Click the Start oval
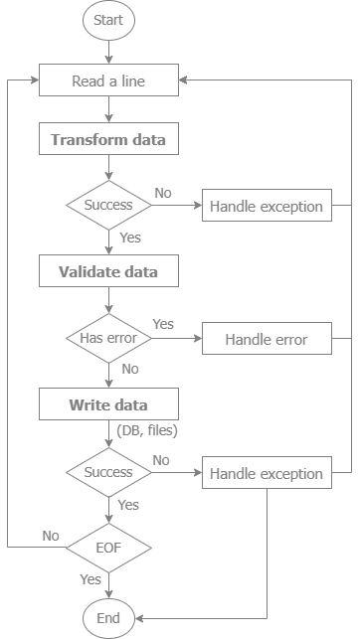pyautogui.click(x=108, y=21)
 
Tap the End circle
pyautogui.click(x=108, y=617)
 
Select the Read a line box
pyautogui.click(x=108, y=80)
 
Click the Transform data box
pyautogui.click(x=108, y=140)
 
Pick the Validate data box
pyautogui.click(x=108, y=271)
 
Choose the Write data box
pyautogui.click(x=108, y=404)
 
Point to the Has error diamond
pyautogui.click(x=108, y=339)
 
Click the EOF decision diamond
pyautogui.click(x=108, y=547)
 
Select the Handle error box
pyautogui.click(x=266, y=339)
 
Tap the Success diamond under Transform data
pyautogui.click(x=108, y=207)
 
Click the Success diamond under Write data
pyautogui.click(x=108, y=472)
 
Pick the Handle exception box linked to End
pyautogui.click(x=266, y=474)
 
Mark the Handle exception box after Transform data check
pyautogui.click(x=266, y=207)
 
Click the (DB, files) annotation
pyautogui.click(x=147, y=428)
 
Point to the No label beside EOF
pyautogui.click(x=51, y=536)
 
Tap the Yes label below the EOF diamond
pyautogui.click(x=90, y=579)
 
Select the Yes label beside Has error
pyautogui.click(x=163, y=324)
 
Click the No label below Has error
pyautogui.click(x=129, y=369)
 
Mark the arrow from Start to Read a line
pyautogui.click(x=108, y=53)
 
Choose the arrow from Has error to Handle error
pyautogui.click(x=176, y=339)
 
